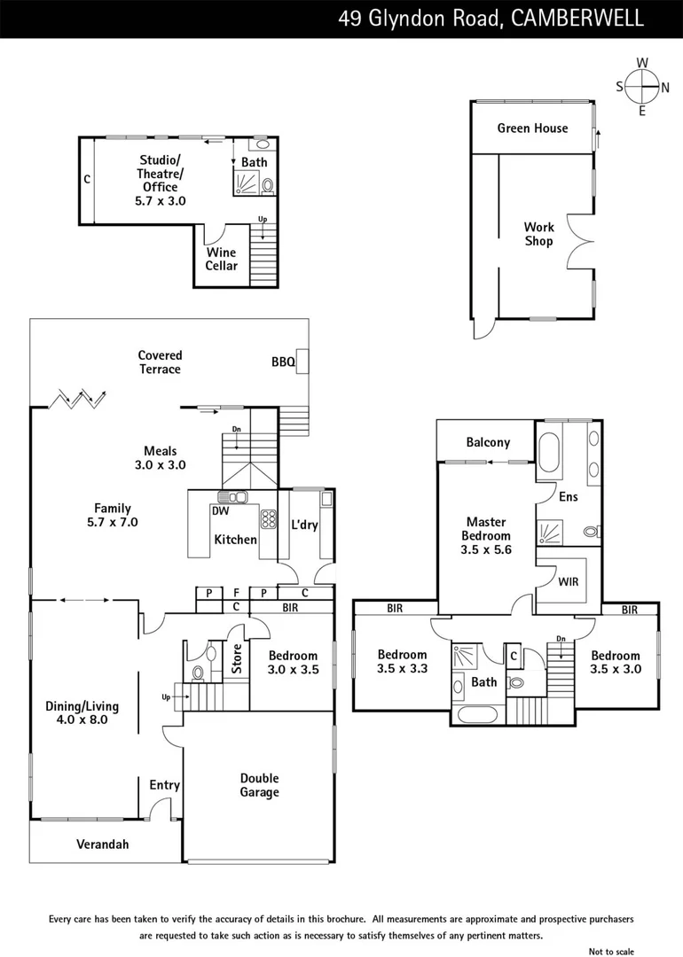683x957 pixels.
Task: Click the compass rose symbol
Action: coord(642,87)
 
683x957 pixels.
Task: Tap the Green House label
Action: coord(532,128)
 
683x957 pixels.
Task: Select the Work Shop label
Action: coord(538,234)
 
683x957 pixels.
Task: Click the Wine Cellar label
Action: coord(221,259)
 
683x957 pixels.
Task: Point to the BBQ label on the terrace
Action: coord(283,362)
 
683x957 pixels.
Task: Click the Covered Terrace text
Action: coord(160,362)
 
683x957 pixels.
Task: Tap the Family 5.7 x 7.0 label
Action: coord(113,515)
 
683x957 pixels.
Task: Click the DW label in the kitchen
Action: coord(220,510)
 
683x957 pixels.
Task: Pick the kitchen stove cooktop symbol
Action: coord(267,517)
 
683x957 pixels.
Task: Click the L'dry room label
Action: coord(304,525)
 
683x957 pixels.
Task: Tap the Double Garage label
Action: coord(259,785)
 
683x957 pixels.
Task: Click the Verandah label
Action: coord(102,844)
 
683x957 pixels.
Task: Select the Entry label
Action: coord(164,785)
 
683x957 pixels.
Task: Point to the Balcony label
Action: coord(488,442)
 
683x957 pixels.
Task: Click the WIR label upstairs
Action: coord(569,581)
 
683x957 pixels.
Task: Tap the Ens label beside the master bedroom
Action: coord(568,497)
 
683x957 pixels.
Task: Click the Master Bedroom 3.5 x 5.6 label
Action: coord(486,535)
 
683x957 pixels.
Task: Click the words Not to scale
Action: coord(612,951)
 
